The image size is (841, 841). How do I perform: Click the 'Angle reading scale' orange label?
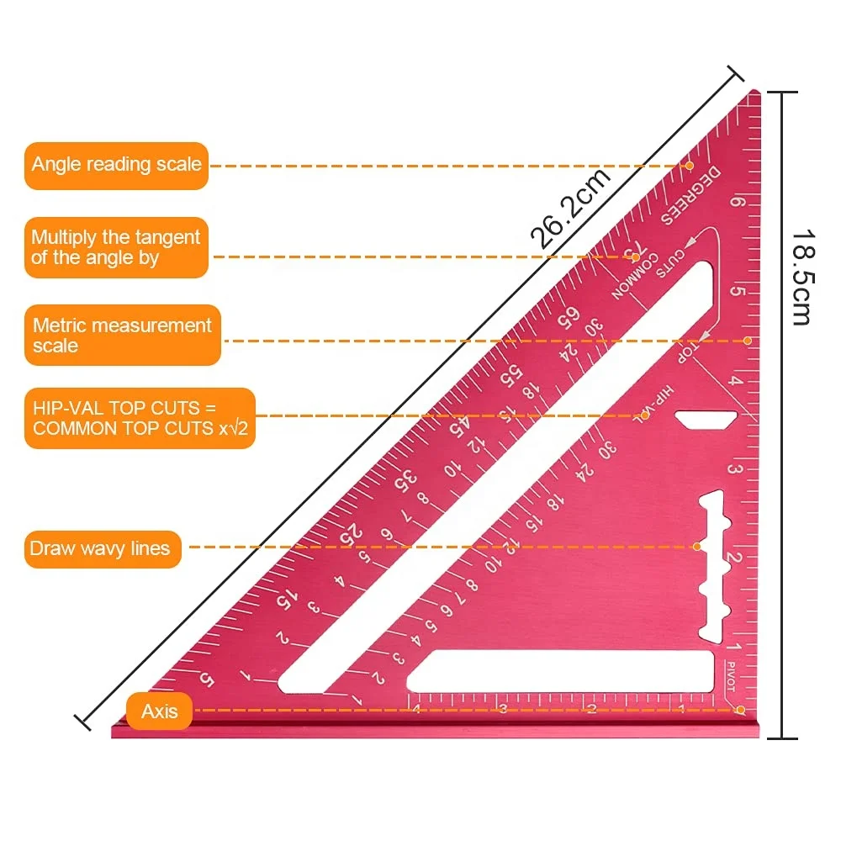click(116, 165)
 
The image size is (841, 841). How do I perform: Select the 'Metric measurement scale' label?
click(122, 335)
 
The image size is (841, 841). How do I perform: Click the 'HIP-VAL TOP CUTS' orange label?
click(139, 418)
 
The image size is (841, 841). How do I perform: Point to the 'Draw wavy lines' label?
click(101, 549)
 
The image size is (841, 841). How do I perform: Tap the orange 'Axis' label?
click(159, 711)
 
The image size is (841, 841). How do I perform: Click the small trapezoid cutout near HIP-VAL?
click(706, 419)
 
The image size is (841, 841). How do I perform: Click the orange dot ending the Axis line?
click(743, 711)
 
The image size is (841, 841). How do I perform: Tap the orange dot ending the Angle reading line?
click(689, 166)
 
